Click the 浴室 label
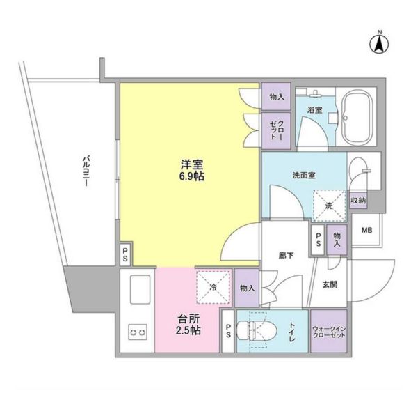(x=314, y=110)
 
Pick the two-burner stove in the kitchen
(x=137, y=332)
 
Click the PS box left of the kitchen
(x=124, y=254)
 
